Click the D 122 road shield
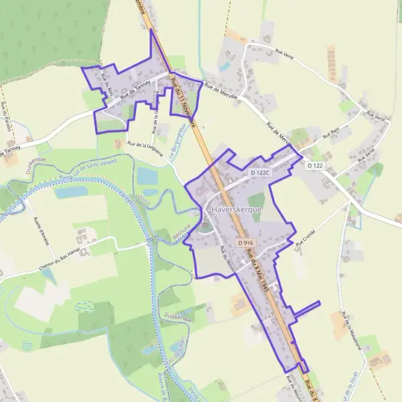click(x=315, y=165)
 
